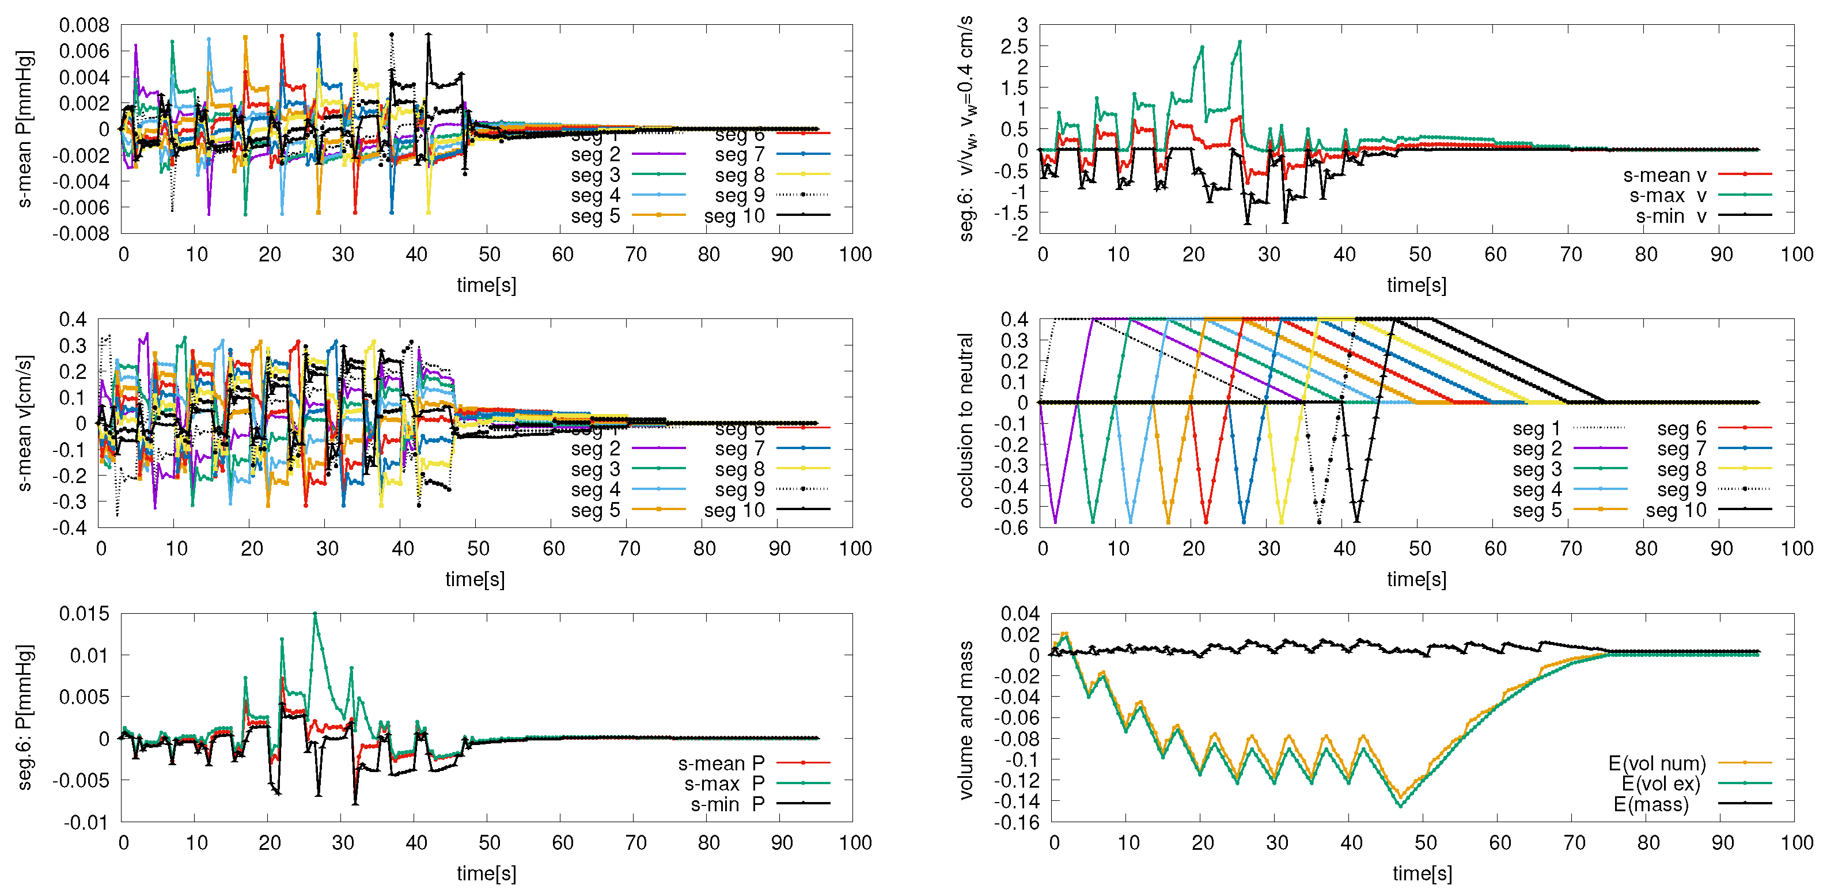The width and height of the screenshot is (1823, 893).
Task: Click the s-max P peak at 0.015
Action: pos(315,614)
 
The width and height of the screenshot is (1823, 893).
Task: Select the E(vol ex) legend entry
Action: pos(1660,784)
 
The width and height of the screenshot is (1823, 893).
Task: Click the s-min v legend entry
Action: pos(1670,216)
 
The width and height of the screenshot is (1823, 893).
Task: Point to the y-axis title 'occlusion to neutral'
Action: pos(966,420)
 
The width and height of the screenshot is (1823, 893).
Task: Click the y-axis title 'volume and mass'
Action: pos(966,720)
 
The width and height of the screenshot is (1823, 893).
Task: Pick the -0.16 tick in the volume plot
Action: pos(1019,823)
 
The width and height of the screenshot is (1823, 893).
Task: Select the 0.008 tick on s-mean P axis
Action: pos(84,25)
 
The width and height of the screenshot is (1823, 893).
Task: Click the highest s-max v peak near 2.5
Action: pos(1239,42)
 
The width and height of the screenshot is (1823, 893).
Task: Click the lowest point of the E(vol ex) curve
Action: pos(1400,805)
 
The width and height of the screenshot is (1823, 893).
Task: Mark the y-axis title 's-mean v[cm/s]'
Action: pos(25,423)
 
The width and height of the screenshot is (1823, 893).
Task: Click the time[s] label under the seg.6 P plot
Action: pos(486,873)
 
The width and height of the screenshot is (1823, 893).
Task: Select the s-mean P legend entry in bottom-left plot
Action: pos(721,763)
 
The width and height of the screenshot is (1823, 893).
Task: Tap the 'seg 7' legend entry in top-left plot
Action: pos(740,154)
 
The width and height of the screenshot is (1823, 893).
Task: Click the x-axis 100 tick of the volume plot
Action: pos(1796,842)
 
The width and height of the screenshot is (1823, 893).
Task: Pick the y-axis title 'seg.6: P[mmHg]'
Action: pos(25,716)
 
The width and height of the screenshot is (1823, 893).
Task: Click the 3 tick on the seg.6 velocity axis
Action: pos(1022,25)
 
